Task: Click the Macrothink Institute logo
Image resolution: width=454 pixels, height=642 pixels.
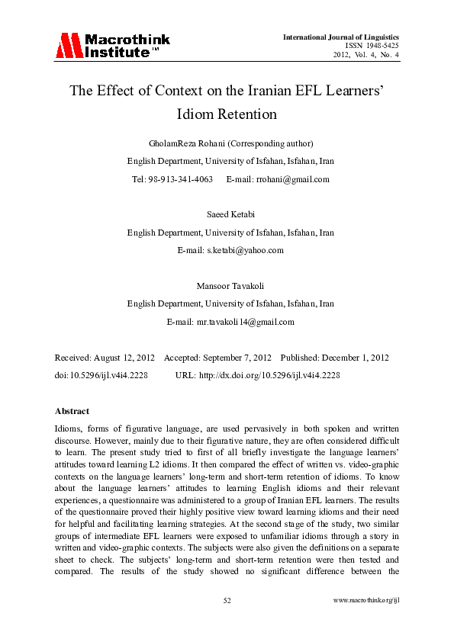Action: pos(112,45)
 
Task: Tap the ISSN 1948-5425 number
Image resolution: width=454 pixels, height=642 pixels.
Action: pos(372,46)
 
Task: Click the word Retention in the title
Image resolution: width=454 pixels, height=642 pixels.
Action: pos(247,115)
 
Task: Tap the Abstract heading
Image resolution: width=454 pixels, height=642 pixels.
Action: pos(72,411)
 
